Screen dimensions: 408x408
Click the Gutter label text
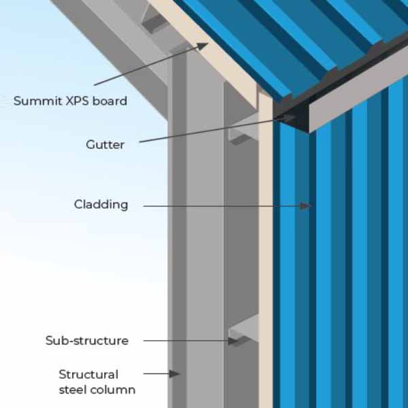coord(105,144)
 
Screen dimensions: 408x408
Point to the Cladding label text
coord(101,204)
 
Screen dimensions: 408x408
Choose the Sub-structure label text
coord(86,340)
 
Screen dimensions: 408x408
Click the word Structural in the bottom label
coord(88,374)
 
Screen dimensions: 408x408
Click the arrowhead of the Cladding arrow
coord(308,205)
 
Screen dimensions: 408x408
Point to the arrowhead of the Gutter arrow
coord(291,118)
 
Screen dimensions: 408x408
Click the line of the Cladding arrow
coord(224,205)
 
